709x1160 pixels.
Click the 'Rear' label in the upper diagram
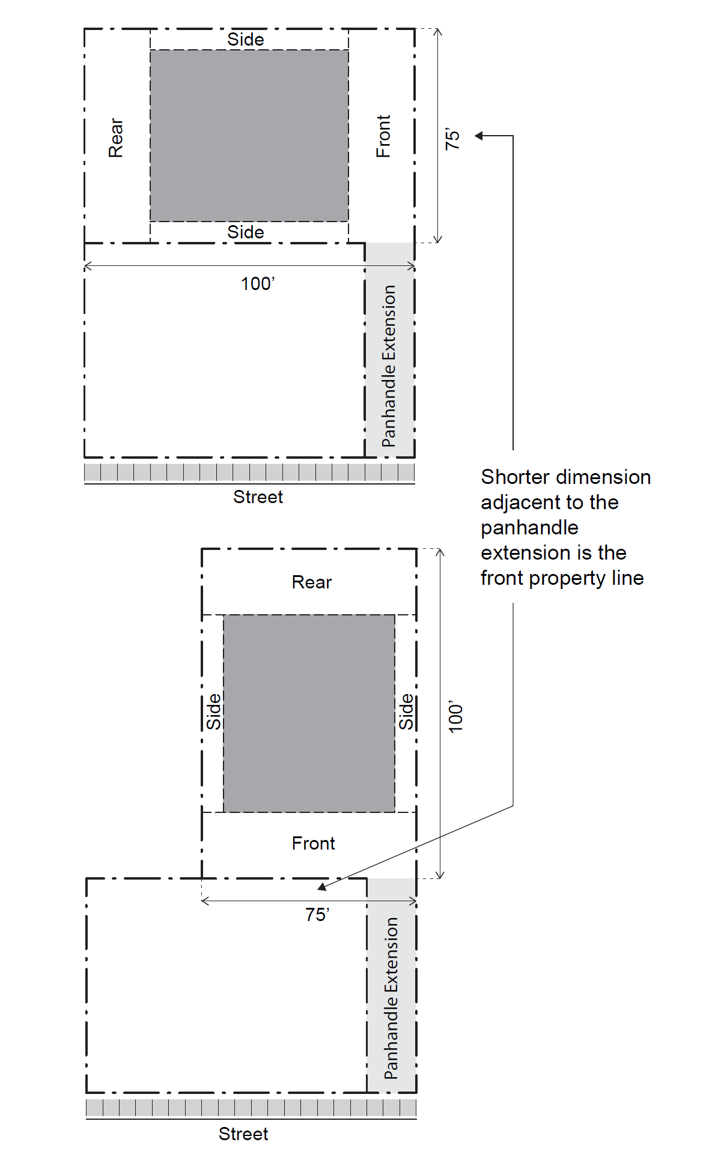pyautogui.click(x=115, y=137)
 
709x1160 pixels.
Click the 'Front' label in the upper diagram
pyautogui.click(x=383, y=136)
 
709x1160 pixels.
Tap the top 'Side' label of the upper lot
pyautogui.click(x=246, y=40)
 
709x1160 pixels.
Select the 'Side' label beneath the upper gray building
pyautogui.click(x=246, y=232)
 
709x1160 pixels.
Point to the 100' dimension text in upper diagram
pyautogui.click(x=258, y=283)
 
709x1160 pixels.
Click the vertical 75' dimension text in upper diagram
pyautogui.click(x=452, y=139)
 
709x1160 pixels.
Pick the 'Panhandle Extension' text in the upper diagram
pyautogui.click(x=389, y=366)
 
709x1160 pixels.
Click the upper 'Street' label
pyautogui.click(x=258, y=497)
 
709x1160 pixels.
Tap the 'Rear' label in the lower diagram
pyautogui.click(x=311, y=582)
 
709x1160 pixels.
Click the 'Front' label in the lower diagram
pyautogui.click(x=313, y=844)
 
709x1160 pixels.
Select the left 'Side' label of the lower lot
pyautogui.click(x=214, y=712)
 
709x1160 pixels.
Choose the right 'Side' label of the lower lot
pyautogui.click(x=407, y=712)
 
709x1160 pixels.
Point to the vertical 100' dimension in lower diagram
pyautogui.click(x=456, y=716)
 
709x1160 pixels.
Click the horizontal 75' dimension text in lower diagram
pyautogui.click(x=317, y=915)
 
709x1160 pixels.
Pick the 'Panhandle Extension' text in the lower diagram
pyautogui.click(x=391, y=998)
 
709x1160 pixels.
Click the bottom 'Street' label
pyautogui.click(x=243, y=1134)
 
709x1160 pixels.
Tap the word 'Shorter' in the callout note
pyautogui.click(x=514, y=477)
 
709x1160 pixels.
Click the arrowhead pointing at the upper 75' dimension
pyautogui.click(x=479, y=136)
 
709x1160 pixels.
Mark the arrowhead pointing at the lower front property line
pyautogui.click(x=323, y=886)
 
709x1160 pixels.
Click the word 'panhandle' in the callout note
pyautogui.click(x=529, y=528)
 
